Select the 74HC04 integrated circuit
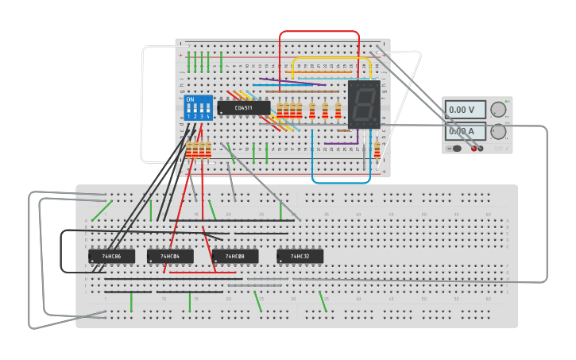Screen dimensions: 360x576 coord(170,257)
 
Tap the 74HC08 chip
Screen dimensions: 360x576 coord(235,257)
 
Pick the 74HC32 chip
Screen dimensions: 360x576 coord(300,257)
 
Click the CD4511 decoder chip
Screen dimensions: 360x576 coord(243,107)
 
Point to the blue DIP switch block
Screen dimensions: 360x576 coord(198,107)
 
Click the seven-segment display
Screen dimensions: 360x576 coord(364,104)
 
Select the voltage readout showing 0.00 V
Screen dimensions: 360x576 coord(464,110)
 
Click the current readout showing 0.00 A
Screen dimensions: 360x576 coord(464,131)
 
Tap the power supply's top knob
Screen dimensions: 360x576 coord(498,110)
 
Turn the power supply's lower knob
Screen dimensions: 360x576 coord(498,131)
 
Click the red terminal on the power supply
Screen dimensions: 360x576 coord(474,148)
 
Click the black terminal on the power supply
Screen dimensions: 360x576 coord(481,148)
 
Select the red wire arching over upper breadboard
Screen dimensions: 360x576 coord(318,32)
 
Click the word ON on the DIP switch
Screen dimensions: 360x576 coord(190,99)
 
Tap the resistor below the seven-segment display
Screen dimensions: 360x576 coord(377,149)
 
